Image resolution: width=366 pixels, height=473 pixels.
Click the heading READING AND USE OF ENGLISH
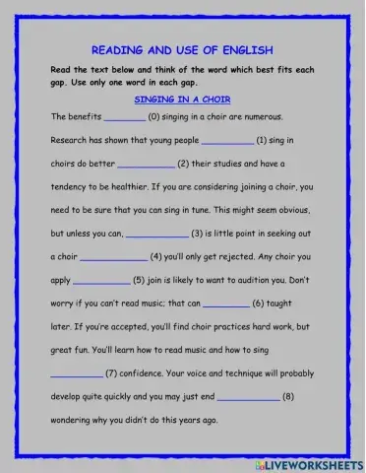tap(182, 48)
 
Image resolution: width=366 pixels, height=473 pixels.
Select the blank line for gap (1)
tap(226, 142)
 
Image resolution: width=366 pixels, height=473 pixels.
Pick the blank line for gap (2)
tap(146, 166)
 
